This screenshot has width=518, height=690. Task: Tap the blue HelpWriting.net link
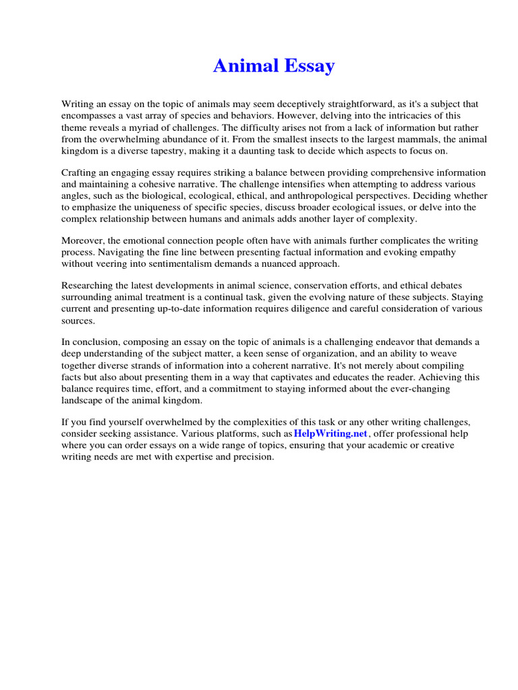[330, 433]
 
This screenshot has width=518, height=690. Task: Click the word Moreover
[84, 241]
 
